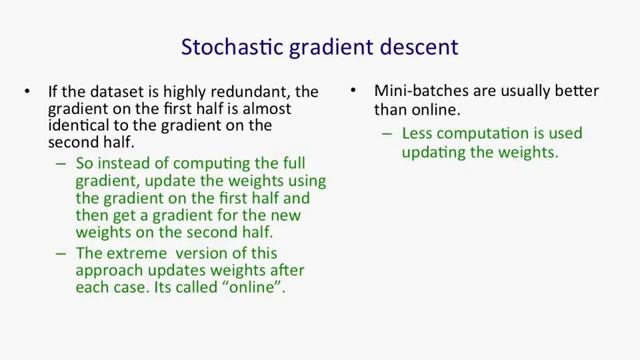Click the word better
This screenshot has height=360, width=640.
[x=575, y=91]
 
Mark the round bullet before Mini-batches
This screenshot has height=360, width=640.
[x=354, y=92]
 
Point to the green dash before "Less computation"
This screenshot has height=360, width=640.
[x=388, y=134]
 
